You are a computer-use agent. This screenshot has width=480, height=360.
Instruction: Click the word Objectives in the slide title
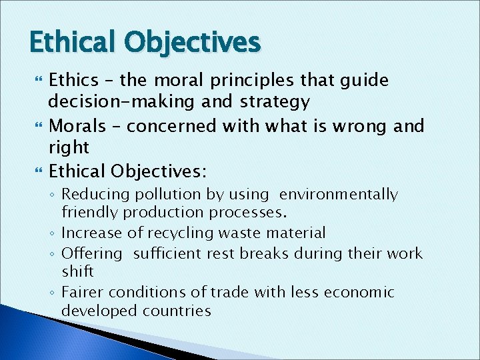point(193,42)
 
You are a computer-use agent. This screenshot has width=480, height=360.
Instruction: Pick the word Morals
point(77,126)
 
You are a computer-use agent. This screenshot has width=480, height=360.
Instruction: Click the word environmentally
point(338,195)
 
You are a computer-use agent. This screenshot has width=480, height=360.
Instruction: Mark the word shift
point(77,271)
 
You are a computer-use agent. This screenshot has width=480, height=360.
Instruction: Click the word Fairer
point(83,292)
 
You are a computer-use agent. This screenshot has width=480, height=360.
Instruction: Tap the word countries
point(181,311)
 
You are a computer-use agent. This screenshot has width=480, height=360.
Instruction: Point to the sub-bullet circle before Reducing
point(54,195)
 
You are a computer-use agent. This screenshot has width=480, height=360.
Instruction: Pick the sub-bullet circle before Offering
point(54,254)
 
